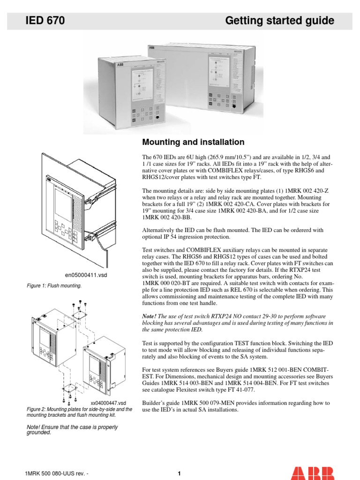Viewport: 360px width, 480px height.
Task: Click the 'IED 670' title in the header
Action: (x=45, y=21)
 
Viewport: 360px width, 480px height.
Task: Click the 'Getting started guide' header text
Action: (x=279, y=21)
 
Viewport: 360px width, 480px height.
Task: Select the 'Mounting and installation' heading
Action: (x=193, y=142)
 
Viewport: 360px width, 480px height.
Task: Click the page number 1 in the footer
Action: (x=179, y=473)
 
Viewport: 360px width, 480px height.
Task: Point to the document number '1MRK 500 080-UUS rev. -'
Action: (x=56, y=473)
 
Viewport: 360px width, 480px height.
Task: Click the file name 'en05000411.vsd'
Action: (x=86, y=275)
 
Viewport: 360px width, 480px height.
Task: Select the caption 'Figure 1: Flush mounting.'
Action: (x=54, y=285)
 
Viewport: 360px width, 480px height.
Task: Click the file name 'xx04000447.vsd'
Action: (x=108, y=403)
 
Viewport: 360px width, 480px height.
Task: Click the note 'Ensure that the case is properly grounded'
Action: (x=72, y=430)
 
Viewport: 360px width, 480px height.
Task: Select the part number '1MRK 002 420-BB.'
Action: (x=167, y=217)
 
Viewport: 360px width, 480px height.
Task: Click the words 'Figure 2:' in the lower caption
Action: (x=37, y=409)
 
